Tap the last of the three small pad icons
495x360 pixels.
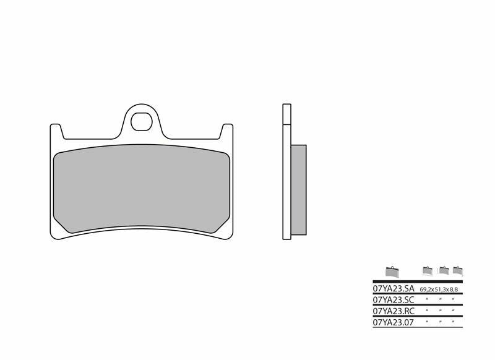[x=457, y=270]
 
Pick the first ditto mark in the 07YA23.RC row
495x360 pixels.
[x=428, y=311]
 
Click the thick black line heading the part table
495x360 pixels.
[x=418, y=281]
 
